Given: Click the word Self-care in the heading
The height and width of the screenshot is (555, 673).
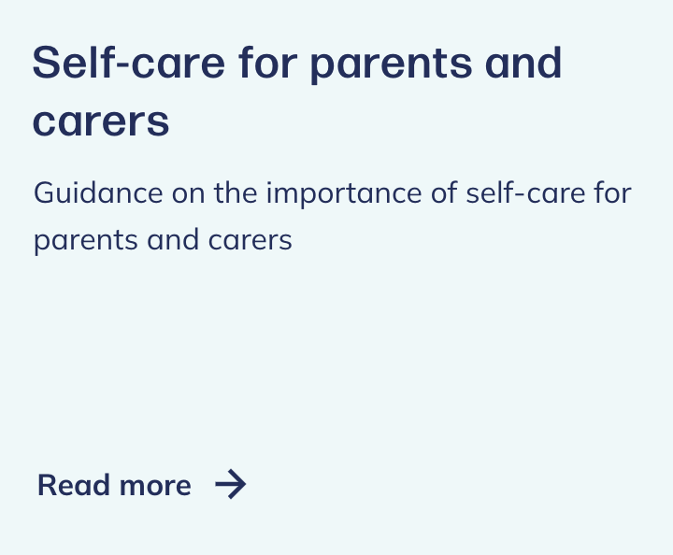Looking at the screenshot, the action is click(128, 63).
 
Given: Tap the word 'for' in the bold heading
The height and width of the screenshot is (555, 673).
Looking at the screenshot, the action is click(268, 63).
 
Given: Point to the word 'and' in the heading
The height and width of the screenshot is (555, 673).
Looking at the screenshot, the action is click(523, 63).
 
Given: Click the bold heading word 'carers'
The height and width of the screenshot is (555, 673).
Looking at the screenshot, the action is click(101, 121).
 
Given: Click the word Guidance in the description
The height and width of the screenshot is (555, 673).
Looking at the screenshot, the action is click(98, 192).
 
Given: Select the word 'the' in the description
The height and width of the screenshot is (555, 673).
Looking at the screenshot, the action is click(236, 192).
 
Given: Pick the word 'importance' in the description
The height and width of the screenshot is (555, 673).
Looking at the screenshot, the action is click(344, 194).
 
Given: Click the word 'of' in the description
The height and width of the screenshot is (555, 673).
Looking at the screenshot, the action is click(444, 192).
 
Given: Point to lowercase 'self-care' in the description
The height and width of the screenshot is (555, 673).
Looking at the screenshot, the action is click(525, 192).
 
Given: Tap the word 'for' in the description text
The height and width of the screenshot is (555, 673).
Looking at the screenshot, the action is click(613, 192).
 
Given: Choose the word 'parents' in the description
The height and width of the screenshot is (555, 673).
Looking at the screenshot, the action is click(86, 241).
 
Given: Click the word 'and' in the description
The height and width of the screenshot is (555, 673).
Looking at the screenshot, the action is click(173, 239).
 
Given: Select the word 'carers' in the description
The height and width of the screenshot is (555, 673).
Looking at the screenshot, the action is click(251, 241).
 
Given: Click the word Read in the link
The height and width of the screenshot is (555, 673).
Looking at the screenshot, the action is click(74, 485).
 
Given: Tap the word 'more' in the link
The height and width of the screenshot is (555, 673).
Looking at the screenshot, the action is click(155, 488).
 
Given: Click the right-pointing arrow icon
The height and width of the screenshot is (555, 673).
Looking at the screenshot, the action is click(231, 484).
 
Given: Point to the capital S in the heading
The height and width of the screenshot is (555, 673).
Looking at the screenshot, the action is click(47, 63).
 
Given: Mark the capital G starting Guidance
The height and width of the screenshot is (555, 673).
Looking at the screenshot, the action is click(45, 193).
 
